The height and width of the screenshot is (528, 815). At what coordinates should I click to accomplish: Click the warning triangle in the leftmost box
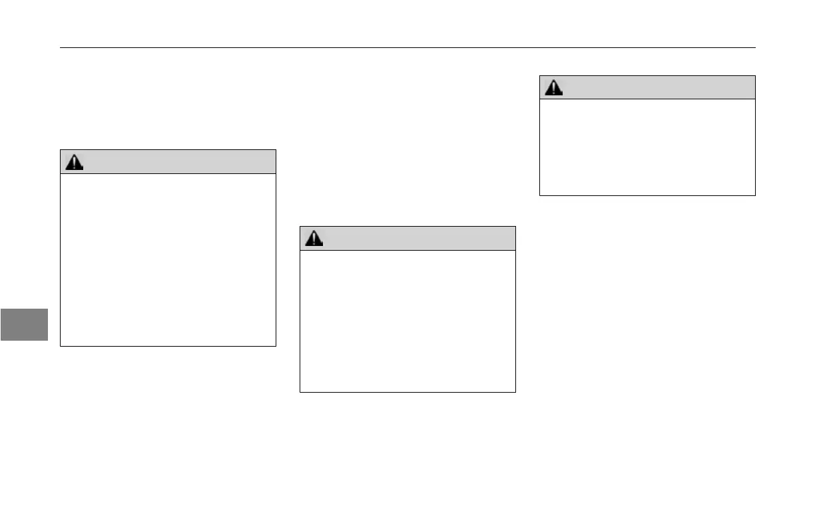(x=75, y=162)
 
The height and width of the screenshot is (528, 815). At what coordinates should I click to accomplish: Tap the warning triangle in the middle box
(x=314, y=239)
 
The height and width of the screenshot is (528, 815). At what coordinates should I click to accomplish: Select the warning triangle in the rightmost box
(x=553, y=88)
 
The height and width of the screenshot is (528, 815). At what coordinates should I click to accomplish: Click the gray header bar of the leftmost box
(x=168, y=162)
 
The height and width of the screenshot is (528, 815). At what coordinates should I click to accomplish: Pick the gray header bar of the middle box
(x=407, y=239)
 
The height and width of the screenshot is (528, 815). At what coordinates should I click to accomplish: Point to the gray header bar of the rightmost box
(x=647, y=87)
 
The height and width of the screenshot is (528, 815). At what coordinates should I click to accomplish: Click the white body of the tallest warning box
(x=168, y=260)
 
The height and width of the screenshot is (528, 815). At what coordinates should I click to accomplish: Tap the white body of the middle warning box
(x=407, y=321)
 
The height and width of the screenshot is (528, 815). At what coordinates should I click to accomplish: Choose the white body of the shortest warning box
(x=647, y=147)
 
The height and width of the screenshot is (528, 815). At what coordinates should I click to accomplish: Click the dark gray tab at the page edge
(x=24, y=324)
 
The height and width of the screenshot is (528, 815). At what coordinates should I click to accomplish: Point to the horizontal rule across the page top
(x=407, y=47)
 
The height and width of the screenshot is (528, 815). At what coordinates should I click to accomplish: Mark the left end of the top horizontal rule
(x=61, y=47)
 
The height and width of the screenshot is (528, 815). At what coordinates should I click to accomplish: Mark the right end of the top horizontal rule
(x=755, y=47)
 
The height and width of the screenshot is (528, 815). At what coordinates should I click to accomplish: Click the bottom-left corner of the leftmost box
(x=61, y=346)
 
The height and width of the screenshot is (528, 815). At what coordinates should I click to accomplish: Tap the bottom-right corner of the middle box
(x=515, y=391)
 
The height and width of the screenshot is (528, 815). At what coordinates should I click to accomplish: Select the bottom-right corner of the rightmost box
(x=755, y=195)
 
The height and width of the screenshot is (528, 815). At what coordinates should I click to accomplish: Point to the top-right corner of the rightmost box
(x=755, y=75)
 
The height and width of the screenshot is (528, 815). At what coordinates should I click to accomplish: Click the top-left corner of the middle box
(x=300, y=227)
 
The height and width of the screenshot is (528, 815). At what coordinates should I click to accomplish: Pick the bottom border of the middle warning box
(x=407, y=391)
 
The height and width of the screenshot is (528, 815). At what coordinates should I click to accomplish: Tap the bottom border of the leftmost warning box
(x=168, y=346)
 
